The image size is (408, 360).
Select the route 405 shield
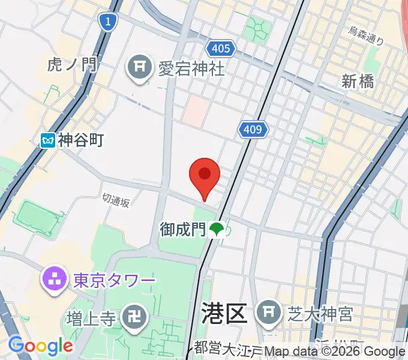221,48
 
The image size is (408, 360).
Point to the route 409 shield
254,129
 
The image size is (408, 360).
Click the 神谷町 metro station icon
48,140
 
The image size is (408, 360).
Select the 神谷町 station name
81,140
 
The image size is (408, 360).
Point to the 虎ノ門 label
73,64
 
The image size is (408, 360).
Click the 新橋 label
358,81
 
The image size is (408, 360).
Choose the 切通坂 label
115,200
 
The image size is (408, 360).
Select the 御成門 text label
182,229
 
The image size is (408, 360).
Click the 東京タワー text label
114,280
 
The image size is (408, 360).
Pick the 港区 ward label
224,313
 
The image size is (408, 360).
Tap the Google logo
40,346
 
